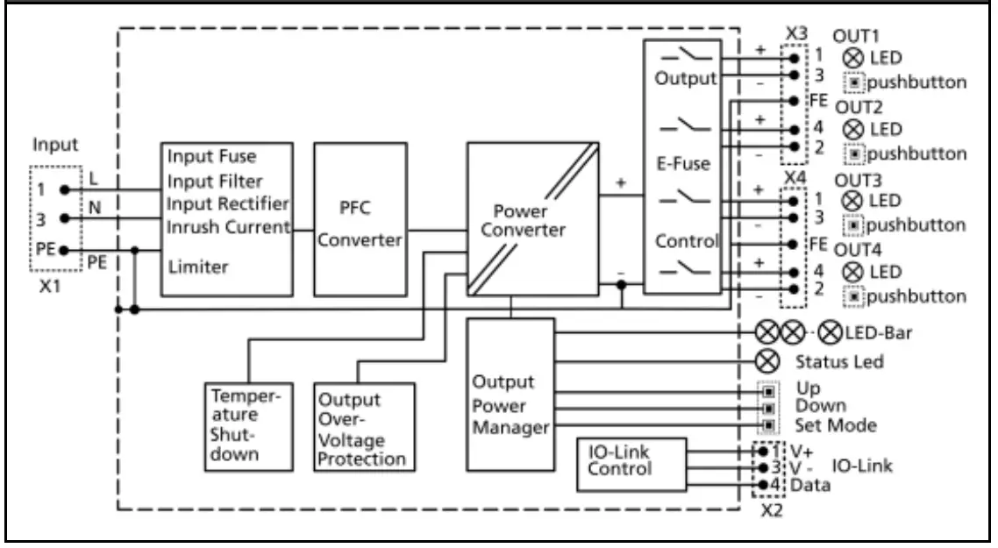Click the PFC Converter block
[360, 219]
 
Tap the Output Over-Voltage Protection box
[363, 429]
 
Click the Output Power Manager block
[510, 395]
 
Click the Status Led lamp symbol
[768, 360]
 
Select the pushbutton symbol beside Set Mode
[769, 425]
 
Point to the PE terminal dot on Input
[64, 250]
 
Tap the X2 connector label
[771, 510]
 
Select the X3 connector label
[795, 32]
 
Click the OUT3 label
[857, 180]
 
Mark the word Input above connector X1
[54, 146]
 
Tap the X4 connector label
[795, 177]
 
